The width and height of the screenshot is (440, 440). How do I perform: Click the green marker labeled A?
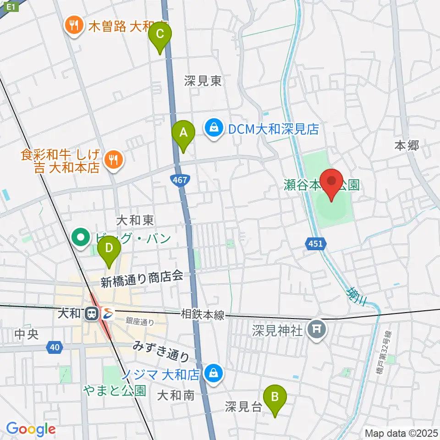tap(183, 133)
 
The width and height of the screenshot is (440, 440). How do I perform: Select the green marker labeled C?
tap(160, 34)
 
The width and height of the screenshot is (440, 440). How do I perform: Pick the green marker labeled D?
tap(110, 249)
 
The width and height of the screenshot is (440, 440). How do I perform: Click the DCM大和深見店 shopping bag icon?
tap(214, 127)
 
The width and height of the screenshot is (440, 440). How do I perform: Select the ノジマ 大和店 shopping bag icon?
tap(214, 373)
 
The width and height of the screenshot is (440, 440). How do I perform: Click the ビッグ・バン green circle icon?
tap(82, 237)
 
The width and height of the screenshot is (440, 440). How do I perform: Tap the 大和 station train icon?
tap(92, 314)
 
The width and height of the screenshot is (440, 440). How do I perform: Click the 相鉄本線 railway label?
tap(202, 314)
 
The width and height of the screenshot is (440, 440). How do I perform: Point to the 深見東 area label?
tap(203, 82)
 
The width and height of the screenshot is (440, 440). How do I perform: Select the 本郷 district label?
tap(407, 146)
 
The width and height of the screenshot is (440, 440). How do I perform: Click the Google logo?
tap(30, 429)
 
